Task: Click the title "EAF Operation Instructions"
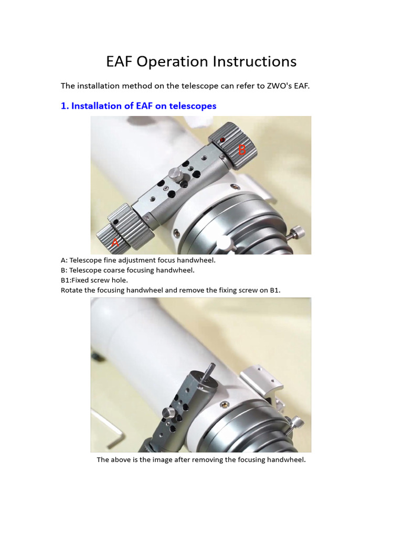(201, 62)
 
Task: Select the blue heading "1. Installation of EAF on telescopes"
(139, 106)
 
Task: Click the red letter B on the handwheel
(242, 150)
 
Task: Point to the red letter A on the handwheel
(115, 243)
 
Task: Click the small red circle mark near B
(222, 140)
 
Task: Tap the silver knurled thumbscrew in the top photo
(176, 175)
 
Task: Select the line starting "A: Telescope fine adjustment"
(138, 260)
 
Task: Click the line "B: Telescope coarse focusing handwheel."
(128, 270)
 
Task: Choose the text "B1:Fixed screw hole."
(94, 280)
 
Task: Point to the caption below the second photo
(201, 459)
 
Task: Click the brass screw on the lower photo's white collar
(225, 405)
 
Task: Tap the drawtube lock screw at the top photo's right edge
(295, 233)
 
